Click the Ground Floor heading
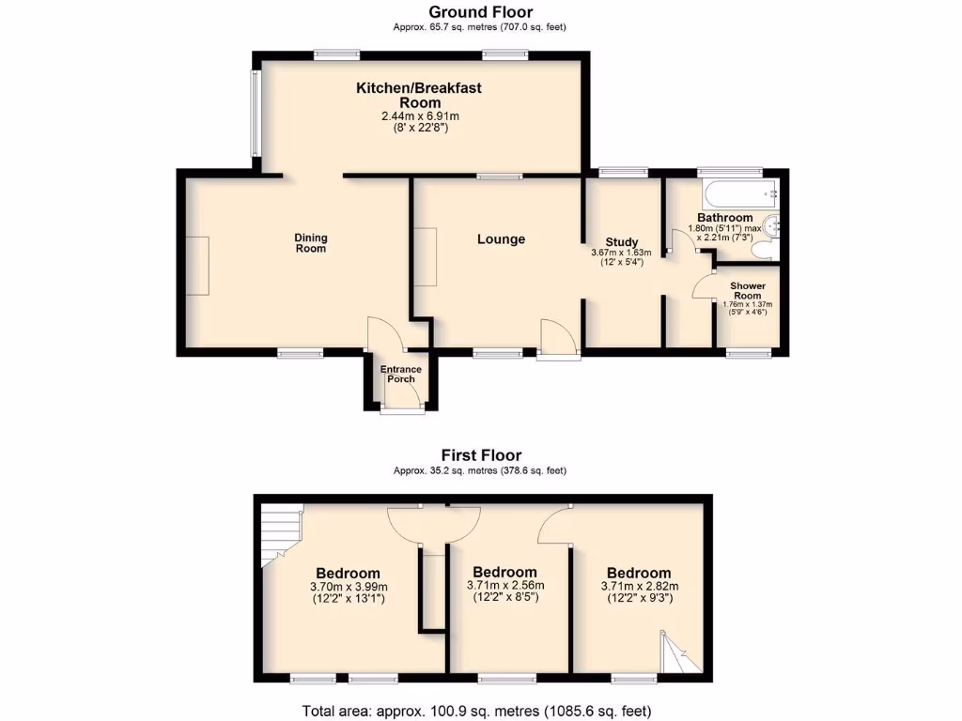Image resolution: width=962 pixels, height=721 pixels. pos(480,12)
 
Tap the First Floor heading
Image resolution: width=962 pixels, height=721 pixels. pos(480,455)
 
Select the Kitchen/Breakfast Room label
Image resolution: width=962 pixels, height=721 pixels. pos(418,95)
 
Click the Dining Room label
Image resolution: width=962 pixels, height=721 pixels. pos(311,243)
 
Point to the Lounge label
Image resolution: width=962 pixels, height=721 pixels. pos(501,239)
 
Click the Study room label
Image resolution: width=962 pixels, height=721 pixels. pos(622,240)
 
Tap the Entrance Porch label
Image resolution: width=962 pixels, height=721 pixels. pos(401,375)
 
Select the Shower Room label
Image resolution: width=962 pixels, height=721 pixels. pos(749,290)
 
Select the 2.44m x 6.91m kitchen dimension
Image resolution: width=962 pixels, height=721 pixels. pos(420,116)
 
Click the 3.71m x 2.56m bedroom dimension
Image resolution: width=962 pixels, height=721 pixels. pos(505,586)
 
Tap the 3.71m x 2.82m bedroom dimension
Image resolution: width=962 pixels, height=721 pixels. pos(639,586)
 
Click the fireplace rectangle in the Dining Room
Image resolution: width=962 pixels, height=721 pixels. pos(197,266)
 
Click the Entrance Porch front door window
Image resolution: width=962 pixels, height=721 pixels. pos(402,409)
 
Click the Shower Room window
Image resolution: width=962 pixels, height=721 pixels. pos(749,353)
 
